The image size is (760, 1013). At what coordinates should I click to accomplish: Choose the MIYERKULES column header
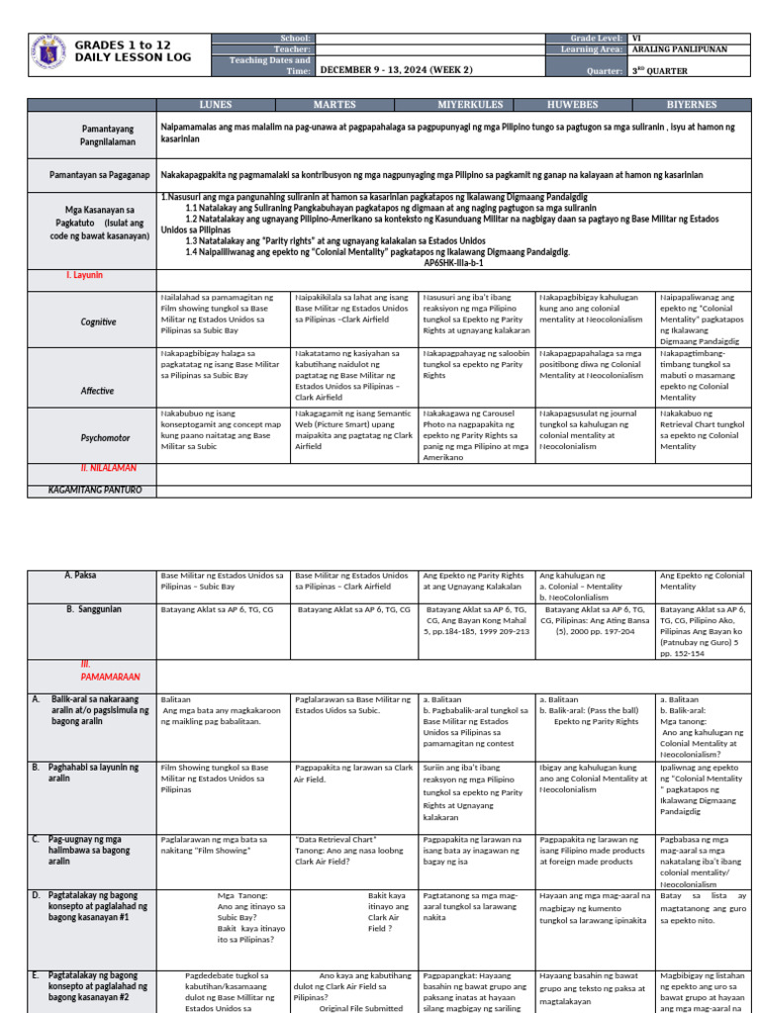pos(471,103)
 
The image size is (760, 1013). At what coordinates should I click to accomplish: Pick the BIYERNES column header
pos(704,103)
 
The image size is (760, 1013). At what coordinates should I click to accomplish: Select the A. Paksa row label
pos(80,575)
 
